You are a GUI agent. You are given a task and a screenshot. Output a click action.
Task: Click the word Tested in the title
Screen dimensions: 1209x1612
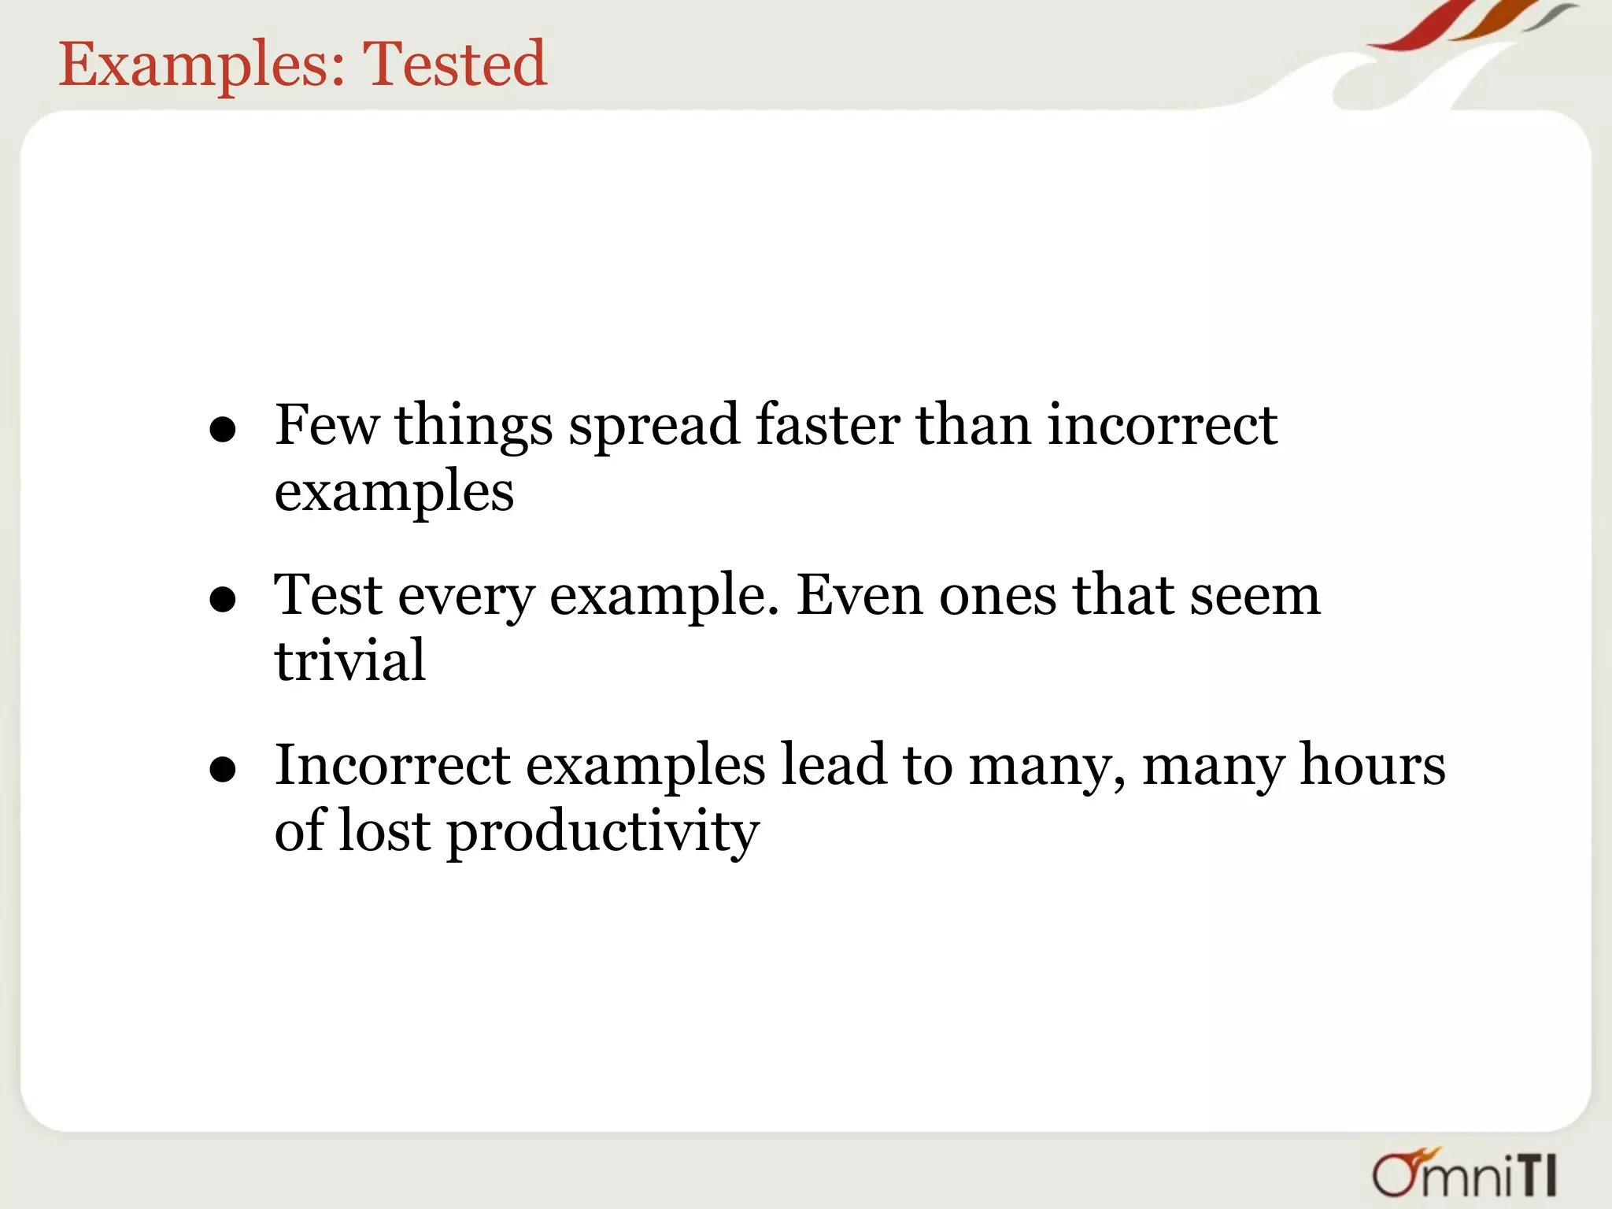pyautogui.click(x=453, y=64)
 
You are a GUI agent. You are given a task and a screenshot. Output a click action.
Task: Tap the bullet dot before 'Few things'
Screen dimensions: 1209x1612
pyautogui.click(x=224, y=431)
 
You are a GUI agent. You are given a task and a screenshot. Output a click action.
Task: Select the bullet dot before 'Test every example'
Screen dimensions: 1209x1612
pyautogui.click(x=224, y=601)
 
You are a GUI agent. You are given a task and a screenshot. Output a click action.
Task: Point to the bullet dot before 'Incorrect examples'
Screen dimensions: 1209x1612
pyautogui.click(x=224, y=771)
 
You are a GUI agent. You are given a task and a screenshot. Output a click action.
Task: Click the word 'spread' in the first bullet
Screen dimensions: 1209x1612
pyautogui.click(x=654, y=427)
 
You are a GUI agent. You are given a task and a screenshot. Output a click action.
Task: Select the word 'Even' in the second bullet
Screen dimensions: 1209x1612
pyautogui.click(x=860, y=595)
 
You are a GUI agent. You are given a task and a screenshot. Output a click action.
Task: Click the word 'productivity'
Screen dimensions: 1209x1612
pyautogui.click(x=603, y=833)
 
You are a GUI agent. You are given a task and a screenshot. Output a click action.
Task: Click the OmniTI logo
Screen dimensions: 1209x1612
pyautogui.click(x=1465, y=1174)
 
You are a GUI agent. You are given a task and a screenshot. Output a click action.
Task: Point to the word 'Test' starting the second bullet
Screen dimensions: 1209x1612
pyautogui.click(x=327, y=595)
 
